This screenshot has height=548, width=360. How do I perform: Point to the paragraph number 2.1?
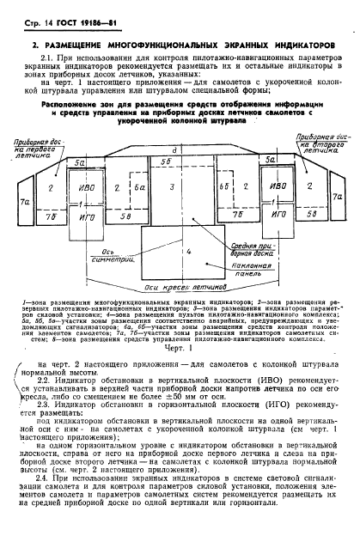[x=48, y=59]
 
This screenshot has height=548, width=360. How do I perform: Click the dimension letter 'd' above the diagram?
[x=175, y=151]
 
